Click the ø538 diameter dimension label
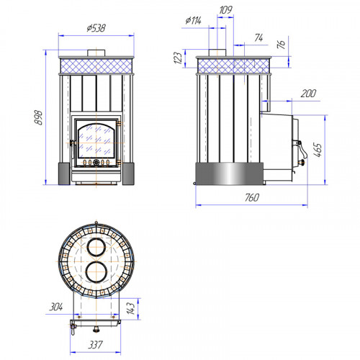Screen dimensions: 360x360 coord(96,28)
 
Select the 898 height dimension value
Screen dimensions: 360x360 coord(38,117)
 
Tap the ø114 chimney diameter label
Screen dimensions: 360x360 coord(193,20)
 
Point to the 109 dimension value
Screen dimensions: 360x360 coord(225,10)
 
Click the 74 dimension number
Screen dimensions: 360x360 coord(258,37)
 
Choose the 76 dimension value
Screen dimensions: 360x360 coord(281,44)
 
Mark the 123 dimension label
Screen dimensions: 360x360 coord(178,58)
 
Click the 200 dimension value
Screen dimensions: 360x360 coord(308,93)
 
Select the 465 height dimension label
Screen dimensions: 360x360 coord(318,150)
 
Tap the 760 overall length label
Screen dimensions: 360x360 coord(252,197)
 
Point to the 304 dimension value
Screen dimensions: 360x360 coord(56,307)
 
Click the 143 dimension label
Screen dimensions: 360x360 coord(131,308)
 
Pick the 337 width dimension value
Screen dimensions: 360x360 coord(95,345)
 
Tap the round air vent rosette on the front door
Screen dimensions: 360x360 coord(96,163)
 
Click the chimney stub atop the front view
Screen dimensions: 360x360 coord(96,53)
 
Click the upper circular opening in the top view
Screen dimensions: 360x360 coord(96,247)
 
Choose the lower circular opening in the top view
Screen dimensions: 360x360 coord(96,272)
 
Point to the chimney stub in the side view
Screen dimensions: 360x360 coord(217,53)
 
